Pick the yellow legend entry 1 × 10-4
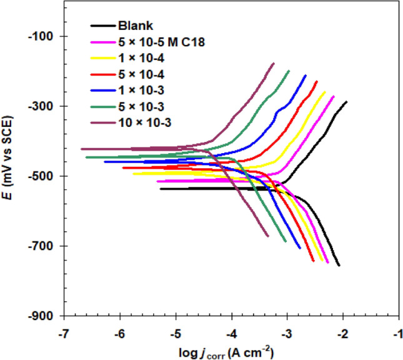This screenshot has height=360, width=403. [134, 58]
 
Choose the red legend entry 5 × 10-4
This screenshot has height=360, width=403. [134, 74]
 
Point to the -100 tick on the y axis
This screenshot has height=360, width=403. [45, 36]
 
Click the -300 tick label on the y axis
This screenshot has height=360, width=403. [45, 106]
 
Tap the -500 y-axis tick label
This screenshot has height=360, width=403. [45, 176]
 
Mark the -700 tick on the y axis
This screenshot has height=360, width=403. [45, 246]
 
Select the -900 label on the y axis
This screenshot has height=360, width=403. [45, 316]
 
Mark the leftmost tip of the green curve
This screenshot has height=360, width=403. [86, 157]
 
